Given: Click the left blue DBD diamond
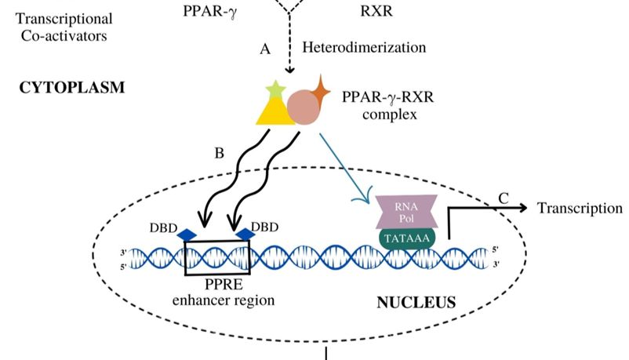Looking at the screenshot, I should (186, 234).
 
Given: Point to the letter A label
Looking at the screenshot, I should (265, 49).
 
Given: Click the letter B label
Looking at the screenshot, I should (220, 153).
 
